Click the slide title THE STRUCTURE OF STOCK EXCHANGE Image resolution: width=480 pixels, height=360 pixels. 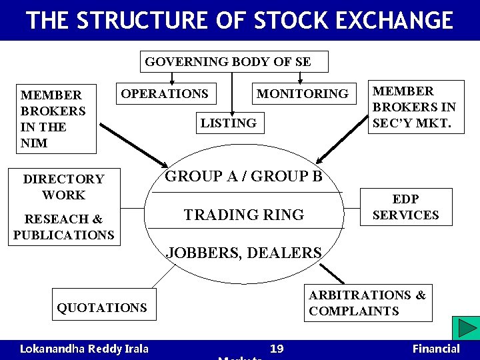pos(240,20)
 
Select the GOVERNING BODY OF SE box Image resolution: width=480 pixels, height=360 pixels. pos(228,62)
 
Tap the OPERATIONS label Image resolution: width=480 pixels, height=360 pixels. pos(165,94)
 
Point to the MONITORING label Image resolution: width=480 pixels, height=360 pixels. pos(303,94)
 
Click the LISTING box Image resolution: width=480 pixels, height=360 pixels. pos(228,123)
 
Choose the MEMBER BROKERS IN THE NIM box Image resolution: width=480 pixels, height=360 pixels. pos(53,119)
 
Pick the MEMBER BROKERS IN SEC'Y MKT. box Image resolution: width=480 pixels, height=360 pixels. pos(415,107)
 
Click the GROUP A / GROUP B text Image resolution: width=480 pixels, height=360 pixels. pos(243,177)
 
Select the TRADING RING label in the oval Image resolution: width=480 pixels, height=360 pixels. pos(243,215)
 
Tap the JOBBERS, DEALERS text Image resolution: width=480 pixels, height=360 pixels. pos(243,253)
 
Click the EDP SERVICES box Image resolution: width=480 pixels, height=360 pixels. pos(405,207)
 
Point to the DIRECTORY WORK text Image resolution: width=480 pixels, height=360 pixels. pos(64,187)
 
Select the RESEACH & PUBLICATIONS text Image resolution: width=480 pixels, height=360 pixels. pos(64,227)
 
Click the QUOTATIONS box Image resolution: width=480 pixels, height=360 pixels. pos(102,307)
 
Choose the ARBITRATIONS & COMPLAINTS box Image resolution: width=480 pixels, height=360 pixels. pos(367,303)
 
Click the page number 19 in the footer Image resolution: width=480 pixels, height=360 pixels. pos(277,349)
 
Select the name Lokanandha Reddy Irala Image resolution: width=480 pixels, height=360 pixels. pos(84,349)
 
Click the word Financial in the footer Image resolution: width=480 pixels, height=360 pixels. pos(436,349)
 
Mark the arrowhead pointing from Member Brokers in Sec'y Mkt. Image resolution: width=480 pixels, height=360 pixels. pos(319,160)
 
